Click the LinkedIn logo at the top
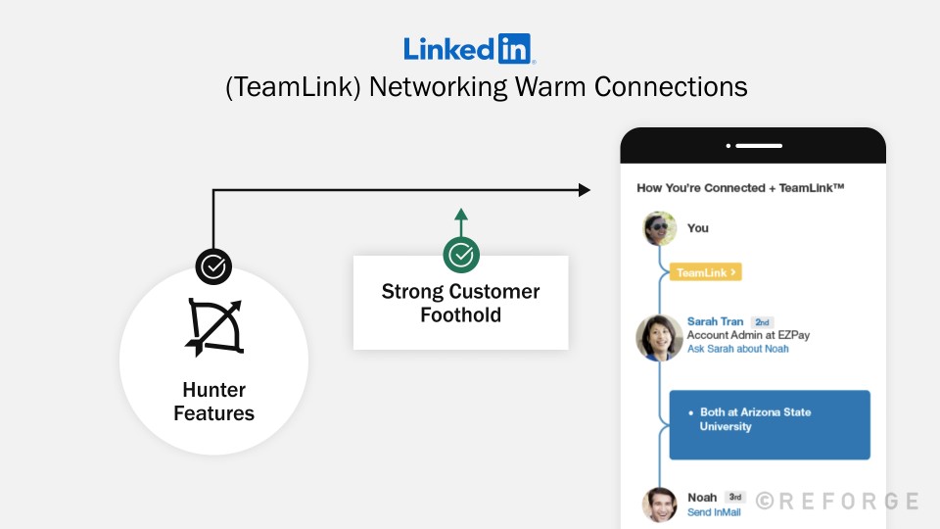point(469,48)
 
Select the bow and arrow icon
point(214,326)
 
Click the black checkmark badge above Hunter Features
point(213,265)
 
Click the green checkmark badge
point(461,255)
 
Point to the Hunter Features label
point(213,402)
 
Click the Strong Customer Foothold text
point(460,303)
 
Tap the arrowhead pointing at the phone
point(585,189)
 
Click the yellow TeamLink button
point(705,272)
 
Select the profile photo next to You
point(660,228)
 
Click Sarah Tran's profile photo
point(659,338)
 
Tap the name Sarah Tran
point(715,321)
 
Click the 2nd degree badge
point(762,321)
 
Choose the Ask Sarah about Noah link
point(737,349)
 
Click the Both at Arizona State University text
point(754,419)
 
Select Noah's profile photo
point(660,504)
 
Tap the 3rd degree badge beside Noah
point(735,497)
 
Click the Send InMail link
point(714,511)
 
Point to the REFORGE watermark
point(838,502)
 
